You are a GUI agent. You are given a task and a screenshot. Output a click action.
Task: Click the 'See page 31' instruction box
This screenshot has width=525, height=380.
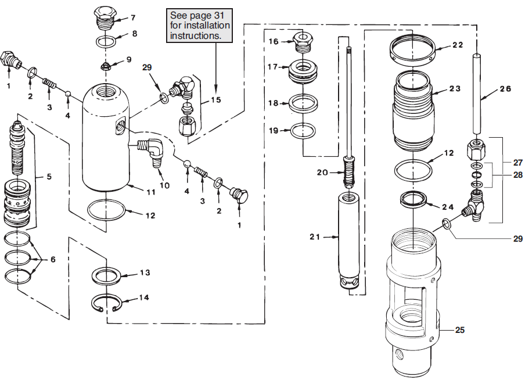tap(200, 26)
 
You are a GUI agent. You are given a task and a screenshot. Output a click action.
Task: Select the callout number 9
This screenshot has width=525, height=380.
tap(128, 60)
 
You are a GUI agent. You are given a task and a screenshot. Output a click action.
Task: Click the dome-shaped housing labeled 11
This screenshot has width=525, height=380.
tap(106, 137)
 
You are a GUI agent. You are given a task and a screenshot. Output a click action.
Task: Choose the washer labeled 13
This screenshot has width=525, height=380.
tap(106, 277)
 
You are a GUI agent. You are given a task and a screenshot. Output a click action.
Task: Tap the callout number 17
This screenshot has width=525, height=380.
tap(272, 67)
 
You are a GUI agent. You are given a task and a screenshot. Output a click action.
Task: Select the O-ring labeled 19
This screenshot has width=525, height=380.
tap(303, 130)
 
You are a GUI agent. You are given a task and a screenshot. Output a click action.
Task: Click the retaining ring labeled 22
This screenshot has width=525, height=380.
tap(412, 49)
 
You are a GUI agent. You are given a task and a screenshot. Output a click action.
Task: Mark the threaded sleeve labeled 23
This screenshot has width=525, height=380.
tap(412, 111)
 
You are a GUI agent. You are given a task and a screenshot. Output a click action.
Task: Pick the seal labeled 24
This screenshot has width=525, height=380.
tap(413, 200)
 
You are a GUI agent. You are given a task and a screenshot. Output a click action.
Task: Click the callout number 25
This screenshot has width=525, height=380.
tap(460, 330)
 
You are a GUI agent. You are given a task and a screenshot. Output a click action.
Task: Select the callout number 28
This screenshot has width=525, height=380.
tap(517, 174)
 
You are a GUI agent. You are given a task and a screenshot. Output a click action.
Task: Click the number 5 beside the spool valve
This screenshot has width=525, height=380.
tap(49, 177)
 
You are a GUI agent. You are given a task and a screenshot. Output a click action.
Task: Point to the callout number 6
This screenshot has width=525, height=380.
tap(53, 259)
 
